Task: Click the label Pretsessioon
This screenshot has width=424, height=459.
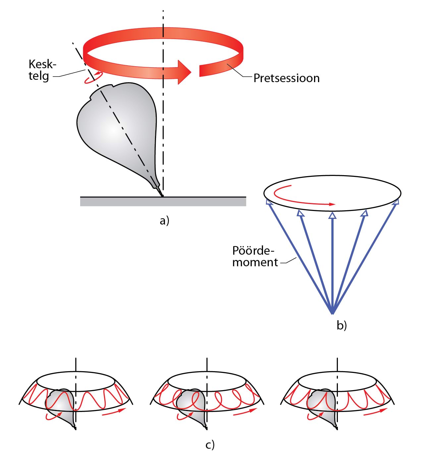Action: click(287, 78)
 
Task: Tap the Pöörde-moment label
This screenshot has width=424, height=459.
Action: click(255, 256)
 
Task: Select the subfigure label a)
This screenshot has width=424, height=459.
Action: click(164, 220)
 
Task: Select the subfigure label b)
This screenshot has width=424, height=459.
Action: click(342, 325)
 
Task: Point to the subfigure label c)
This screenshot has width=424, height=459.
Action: click(210, 445)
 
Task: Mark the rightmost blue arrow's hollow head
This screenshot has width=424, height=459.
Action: click(396, 202)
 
